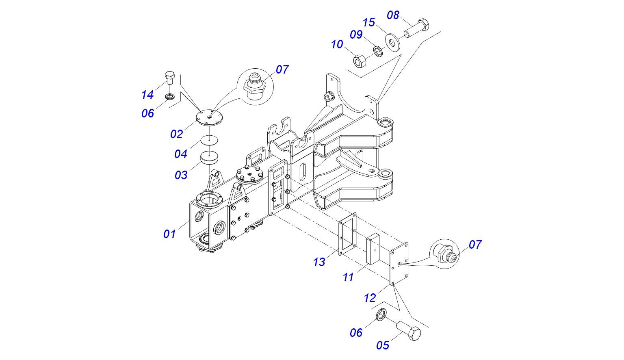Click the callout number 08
pyautogui.click(x=393, y=15)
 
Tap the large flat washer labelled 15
pyautogui.click(x=392, y=42)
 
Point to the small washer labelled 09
pyautogui.click(x=378, y=51)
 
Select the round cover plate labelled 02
pyautogui.click(x=209, y=117)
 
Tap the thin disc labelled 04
pyautogui.click(x=210, y=141)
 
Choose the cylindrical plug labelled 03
pyautogui.click(x=209, y=158)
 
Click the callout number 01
pyautogui.click(x=169, y=234)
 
